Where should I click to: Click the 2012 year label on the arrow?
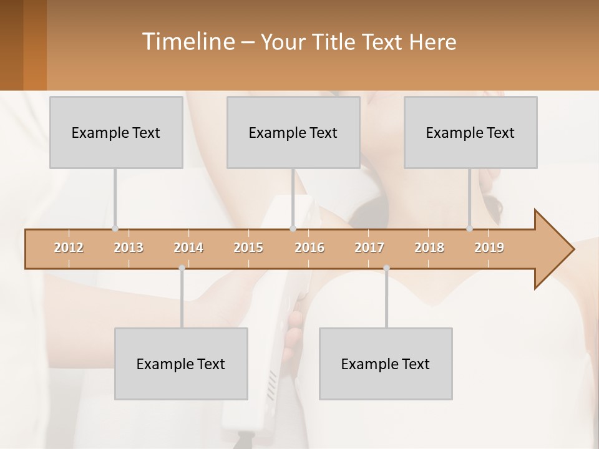tap(69, 248)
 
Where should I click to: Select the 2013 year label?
tap(129, 248)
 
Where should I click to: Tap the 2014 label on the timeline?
tap(188, 248)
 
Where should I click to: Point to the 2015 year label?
tap(248, 248)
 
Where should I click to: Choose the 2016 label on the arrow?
tap(309, 248)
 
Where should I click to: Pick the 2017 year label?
tap(369, 248)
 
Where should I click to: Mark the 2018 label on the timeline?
tap(429, 248)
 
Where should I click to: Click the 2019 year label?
tap(489, 248)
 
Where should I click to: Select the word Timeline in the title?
tap(187, 42)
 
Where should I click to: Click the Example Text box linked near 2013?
tap(116, 132)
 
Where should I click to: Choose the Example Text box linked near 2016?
tap(293, 132)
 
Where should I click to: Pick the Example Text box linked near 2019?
tap(470, 132)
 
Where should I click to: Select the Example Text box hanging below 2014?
tap(181, 364)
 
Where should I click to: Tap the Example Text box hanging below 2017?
tap(386, 364)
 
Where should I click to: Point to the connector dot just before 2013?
tap(115, 228)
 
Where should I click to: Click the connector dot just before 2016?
tap(293, 228)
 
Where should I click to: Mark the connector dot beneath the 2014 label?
tap(182, 268)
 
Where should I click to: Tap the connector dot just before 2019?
tap(470, 228)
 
